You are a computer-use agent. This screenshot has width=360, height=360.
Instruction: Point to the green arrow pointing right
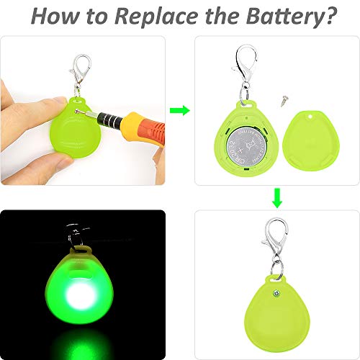tap(179, 110)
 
